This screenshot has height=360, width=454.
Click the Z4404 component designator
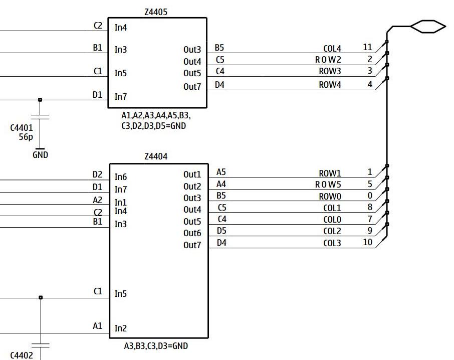pyautogui.click(x=155, y=156)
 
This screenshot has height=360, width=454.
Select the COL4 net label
pyautogui.click(x=332, y=49)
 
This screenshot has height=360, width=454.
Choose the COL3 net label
pyautogui.click(x=332, y=243)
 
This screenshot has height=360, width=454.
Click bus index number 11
pyautogui.click(x=367, y=47)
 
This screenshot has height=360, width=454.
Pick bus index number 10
pyautogui.click(x=367, y=242)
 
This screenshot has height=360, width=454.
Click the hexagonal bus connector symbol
pyautogui.click(x=427, y=26)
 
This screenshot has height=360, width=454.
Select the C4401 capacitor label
pyautogui.click(x=22, y=128)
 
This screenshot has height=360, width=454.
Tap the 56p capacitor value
pyautogui.click(x=26, y=136)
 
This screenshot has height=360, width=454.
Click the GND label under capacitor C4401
pyautogui.click(x=40, y=155)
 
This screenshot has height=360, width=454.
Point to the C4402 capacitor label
pyautogui.click(x=22, y=355)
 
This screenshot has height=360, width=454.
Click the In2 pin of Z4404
pyautogui.click(x=121, y=328)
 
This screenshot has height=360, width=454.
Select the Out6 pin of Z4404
pyautogui.click(x=192, y=233)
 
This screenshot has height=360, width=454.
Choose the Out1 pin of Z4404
pyautogui.click(x=192, y=174)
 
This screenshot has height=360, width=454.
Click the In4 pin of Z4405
pyautogui.click(x=121, y=28)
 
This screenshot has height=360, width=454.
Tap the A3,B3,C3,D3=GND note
pyautogui.click(x=156, y=346)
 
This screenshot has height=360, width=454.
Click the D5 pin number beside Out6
pyautogui.click(x=221, y=231)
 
